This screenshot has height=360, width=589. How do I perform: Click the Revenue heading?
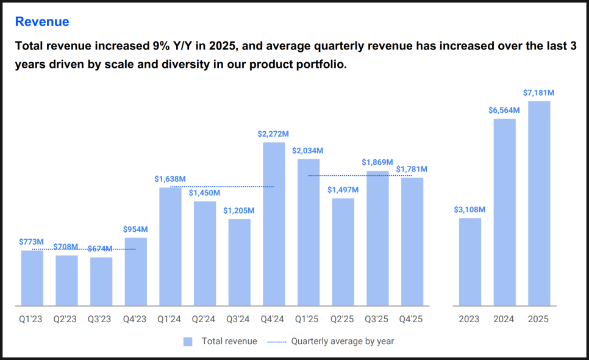[x=42, y=22]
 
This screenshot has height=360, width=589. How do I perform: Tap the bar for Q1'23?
[x=32, y=278]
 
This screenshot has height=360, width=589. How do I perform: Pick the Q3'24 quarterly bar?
[x=240, y=262]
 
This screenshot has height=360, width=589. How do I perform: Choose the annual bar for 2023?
[x=470, y=262]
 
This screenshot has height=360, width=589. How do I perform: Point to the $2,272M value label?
[x=273, y=134]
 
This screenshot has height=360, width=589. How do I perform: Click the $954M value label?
[x=136, y=229]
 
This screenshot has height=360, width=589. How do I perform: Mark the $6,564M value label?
[x=504, y=110]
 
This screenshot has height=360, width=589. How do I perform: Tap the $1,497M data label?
[x=343, y=190]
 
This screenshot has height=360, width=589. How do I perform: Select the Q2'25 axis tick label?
[x=343, y=319]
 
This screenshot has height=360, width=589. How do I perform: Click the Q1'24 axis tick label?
[x=170, y=319]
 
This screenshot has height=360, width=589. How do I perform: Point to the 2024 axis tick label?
[x=504, y=319]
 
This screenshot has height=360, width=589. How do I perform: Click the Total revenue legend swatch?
[x=188, y=342]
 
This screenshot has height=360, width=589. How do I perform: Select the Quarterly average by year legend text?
[x=343, y=342]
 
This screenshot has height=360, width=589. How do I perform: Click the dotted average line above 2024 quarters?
[x=222, y=187]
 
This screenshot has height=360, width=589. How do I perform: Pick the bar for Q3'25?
[x=377, y=238]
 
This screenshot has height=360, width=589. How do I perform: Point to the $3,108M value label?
[x=469, y=209]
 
